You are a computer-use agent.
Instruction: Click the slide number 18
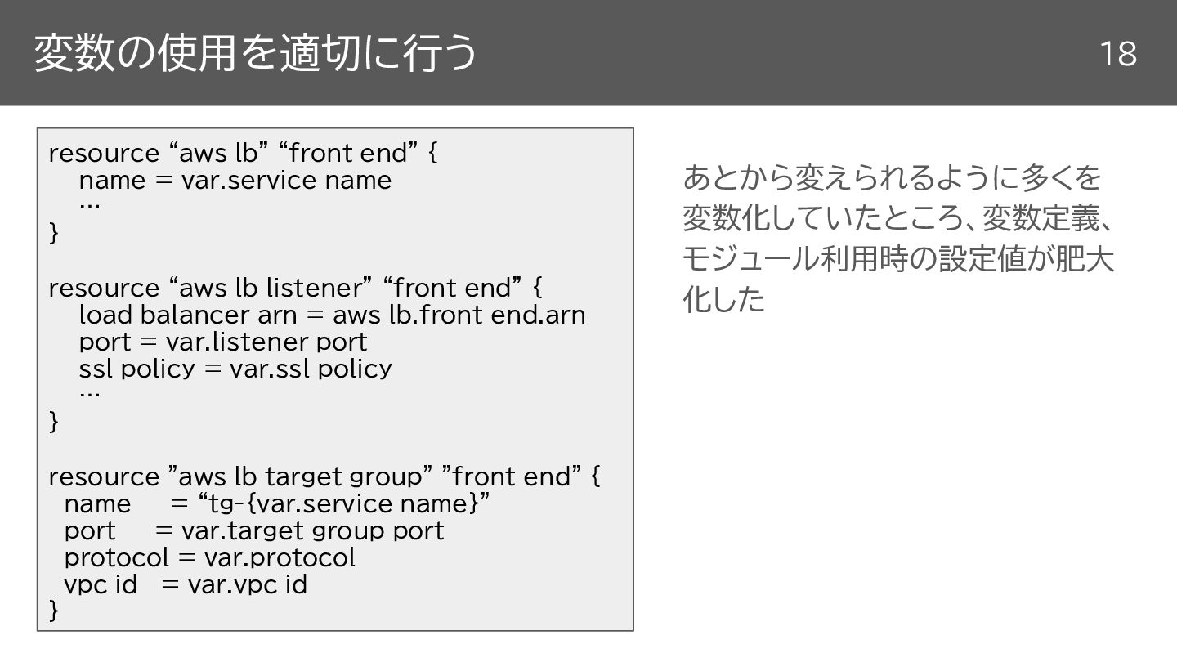click(1117, 54)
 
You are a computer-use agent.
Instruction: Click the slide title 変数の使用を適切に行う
click(254, 53)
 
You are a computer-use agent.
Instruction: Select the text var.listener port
click(266, 342)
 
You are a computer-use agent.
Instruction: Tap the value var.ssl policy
click(311, 369)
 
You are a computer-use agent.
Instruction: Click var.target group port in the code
click(312, 530)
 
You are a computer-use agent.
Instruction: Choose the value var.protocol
click(280, 557)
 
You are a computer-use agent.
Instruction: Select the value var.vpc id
click(247, 584)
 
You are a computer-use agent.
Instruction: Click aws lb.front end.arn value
click(459, 315)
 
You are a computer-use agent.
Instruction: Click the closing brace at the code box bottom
click(54, 610)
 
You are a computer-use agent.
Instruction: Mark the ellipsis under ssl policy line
click(89, 394)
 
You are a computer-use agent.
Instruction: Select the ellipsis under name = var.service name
click(89, 205)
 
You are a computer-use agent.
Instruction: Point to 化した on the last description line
click(723, 300)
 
